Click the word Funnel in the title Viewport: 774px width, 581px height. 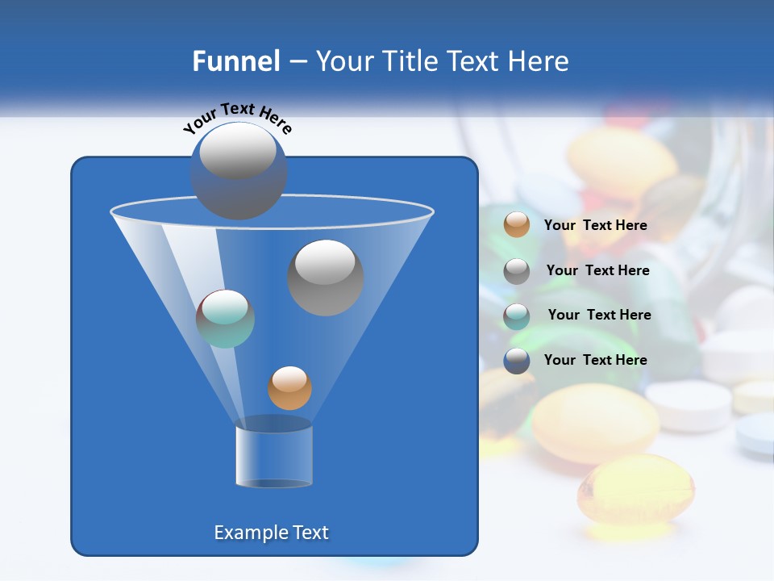(x=235, y=61)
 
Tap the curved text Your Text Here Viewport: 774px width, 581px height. (x=238, y=116)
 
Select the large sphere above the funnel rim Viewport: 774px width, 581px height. (x=239, y=170)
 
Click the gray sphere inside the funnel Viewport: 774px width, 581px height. (x=326, y=278)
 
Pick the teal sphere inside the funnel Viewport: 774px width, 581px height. (x=225, y=319)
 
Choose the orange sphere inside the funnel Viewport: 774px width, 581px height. (x=289, y=387)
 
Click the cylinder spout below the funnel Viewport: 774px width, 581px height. (x=274, y=457)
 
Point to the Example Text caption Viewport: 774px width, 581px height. (x=271, y=533)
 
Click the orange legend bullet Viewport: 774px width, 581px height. (x=517, y=225)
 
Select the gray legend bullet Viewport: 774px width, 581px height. (x=517, y=270)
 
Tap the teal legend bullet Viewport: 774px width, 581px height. (x=517, y=316)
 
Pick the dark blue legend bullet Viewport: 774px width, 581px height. (x=517, y=360)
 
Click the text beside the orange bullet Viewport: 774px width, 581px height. (x=595, y=225)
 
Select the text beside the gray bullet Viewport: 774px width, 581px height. (x=597, y=270)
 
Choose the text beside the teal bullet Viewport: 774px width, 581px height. (x=599, y=315)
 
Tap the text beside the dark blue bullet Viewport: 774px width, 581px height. (x=595, y=360)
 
